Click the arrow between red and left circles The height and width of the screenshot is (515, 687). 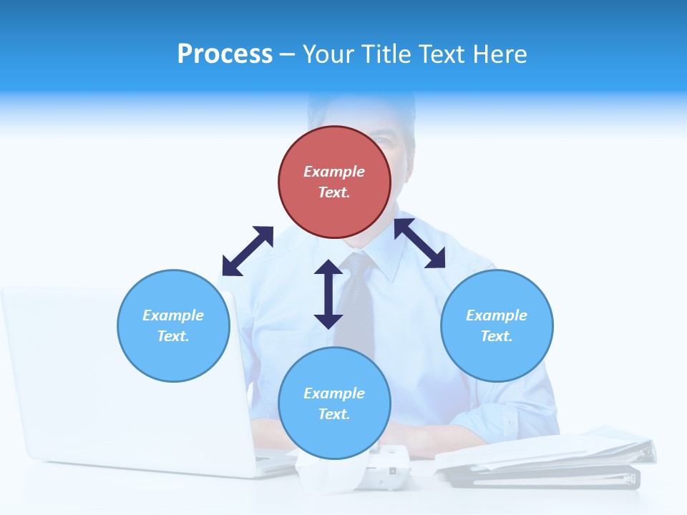coord(248,251)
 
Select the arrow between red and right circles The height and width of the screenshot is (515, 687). coord(419,243)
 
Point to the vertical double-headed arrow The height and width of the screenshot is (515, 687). coord(328,295)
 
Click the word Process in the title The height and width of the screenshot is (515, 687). coord(225,54)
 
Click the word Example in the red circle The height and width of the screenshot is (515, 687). coord(334,172)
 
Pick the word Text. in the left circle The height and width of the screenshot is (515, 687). coord(173,336)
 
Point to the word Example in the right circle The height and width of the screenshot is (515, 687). coord(497,315)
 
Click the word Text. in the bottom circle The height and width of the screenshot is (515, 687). coord(334,414)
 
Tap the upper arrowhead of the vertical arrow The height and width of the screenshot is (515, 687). coord(328,268)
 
